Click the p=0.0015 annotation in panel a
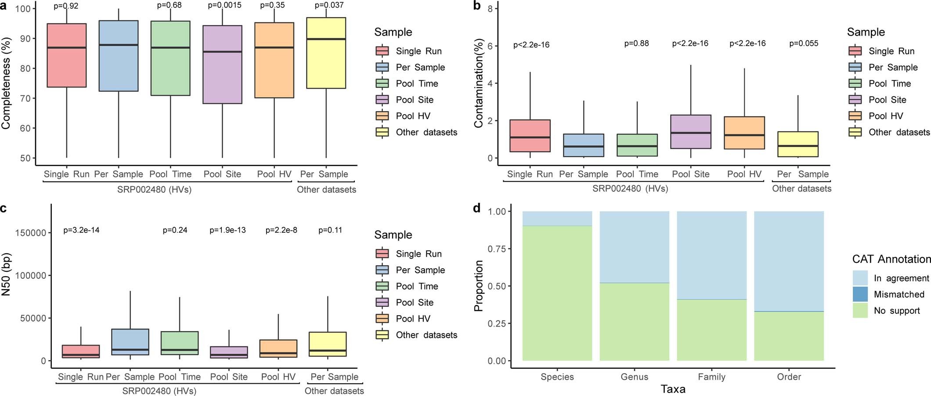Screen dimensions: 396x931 coord(224,5)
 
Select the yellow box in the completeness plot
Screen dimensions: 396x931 coord(326,53)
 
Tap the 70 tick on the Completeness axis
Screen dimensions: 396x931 coord(25,98)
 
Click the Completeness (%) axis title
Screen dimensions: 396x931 coord(6,83)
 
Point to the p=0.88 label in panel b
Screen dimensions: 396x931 coord(636,43)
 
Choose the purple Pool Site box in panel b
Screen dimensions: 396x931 coord(690,132)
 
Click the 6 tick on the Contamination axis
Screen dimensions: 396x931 coord(490,46)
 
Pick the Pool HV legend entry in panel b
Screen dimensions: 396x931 coord(885,116)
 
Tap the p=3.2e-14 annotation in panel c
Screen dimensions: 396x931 coord(81,230)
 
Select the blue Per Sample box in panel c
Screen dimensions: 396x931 coord(130,342)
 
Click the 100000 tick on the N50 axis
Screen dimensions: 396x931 coord(31,276)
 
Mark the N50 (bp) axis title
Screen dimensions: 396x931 coord(6,274)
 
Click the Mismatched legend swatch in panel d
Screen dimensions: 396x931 coord(860,294)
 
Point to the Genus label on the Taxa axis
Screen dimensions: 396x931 coord(634,377)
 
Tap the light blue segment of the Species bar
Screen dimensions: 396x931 coord(557,218)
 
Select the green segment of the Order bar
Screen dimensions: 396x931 coord(789,336)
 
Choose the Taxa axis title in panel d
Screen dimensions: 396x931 coord(673,389)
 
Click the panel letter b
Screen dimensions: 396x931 coord(477,6)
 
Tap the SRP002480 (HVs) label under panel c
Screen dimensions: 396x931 coord(159,391)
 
